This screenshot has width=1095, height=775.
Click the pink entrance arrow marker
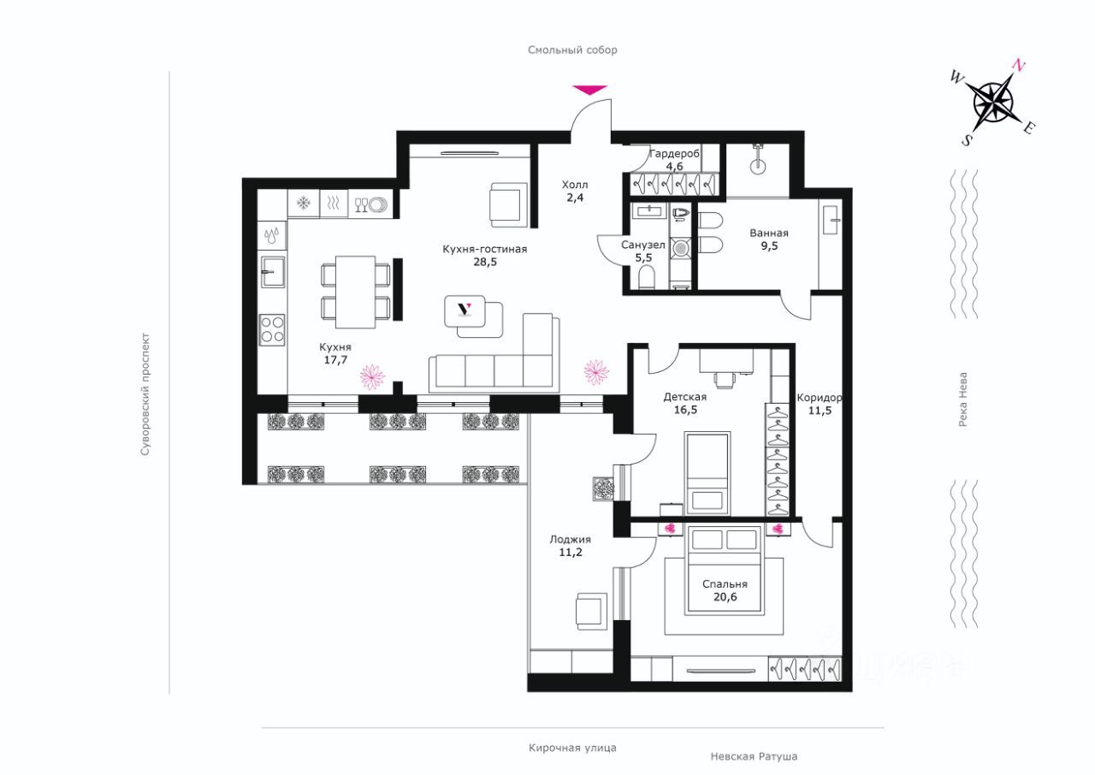590,90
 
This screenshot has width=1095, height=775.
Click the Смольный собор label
572,50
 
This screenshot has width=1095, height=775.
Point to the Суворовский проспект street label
145,394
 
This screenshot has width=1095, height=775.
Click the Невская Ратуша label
754,756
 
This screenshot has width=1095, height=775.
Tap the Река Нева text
962,399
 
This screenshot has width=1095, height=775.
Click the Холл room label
574,185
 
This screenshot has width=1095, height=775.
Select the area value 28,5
485,262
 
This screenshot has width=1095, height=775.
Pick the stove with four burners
272,330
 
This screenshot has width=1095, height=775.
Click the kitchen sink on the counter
272,272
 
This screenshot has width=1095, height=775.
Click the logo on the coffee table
465,309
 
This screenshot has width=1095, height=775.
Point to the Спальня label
725,584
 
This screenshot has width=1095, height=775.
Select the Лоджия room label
570,540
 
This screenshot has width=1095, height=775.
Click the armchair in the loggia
591,612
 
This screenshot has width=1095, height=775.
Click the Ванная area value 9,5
769,246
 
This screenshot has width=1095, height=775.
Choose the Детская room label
685,397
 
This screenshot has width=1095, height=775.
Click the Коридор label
820,398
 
